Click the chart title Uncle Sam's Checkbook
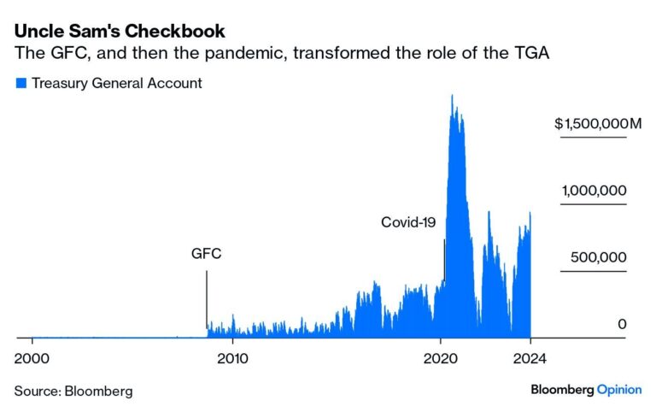point(120,32)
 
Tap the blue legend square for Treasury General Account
point(20,84)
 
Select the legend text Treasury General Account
point(116,84)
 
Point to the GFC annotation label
point(206,255)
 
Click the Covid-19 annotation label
point(408,222)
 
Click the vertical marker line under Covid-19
point(444,261)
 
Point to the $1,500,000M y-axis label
point(597,125)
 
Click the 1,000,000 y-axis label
point(594,191)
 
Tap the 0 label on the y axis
point(623,325)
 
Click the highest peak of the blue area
point(452,96)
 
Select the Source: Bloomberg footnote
point(73,391)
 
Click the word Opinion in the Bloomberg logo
point(618,390)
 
